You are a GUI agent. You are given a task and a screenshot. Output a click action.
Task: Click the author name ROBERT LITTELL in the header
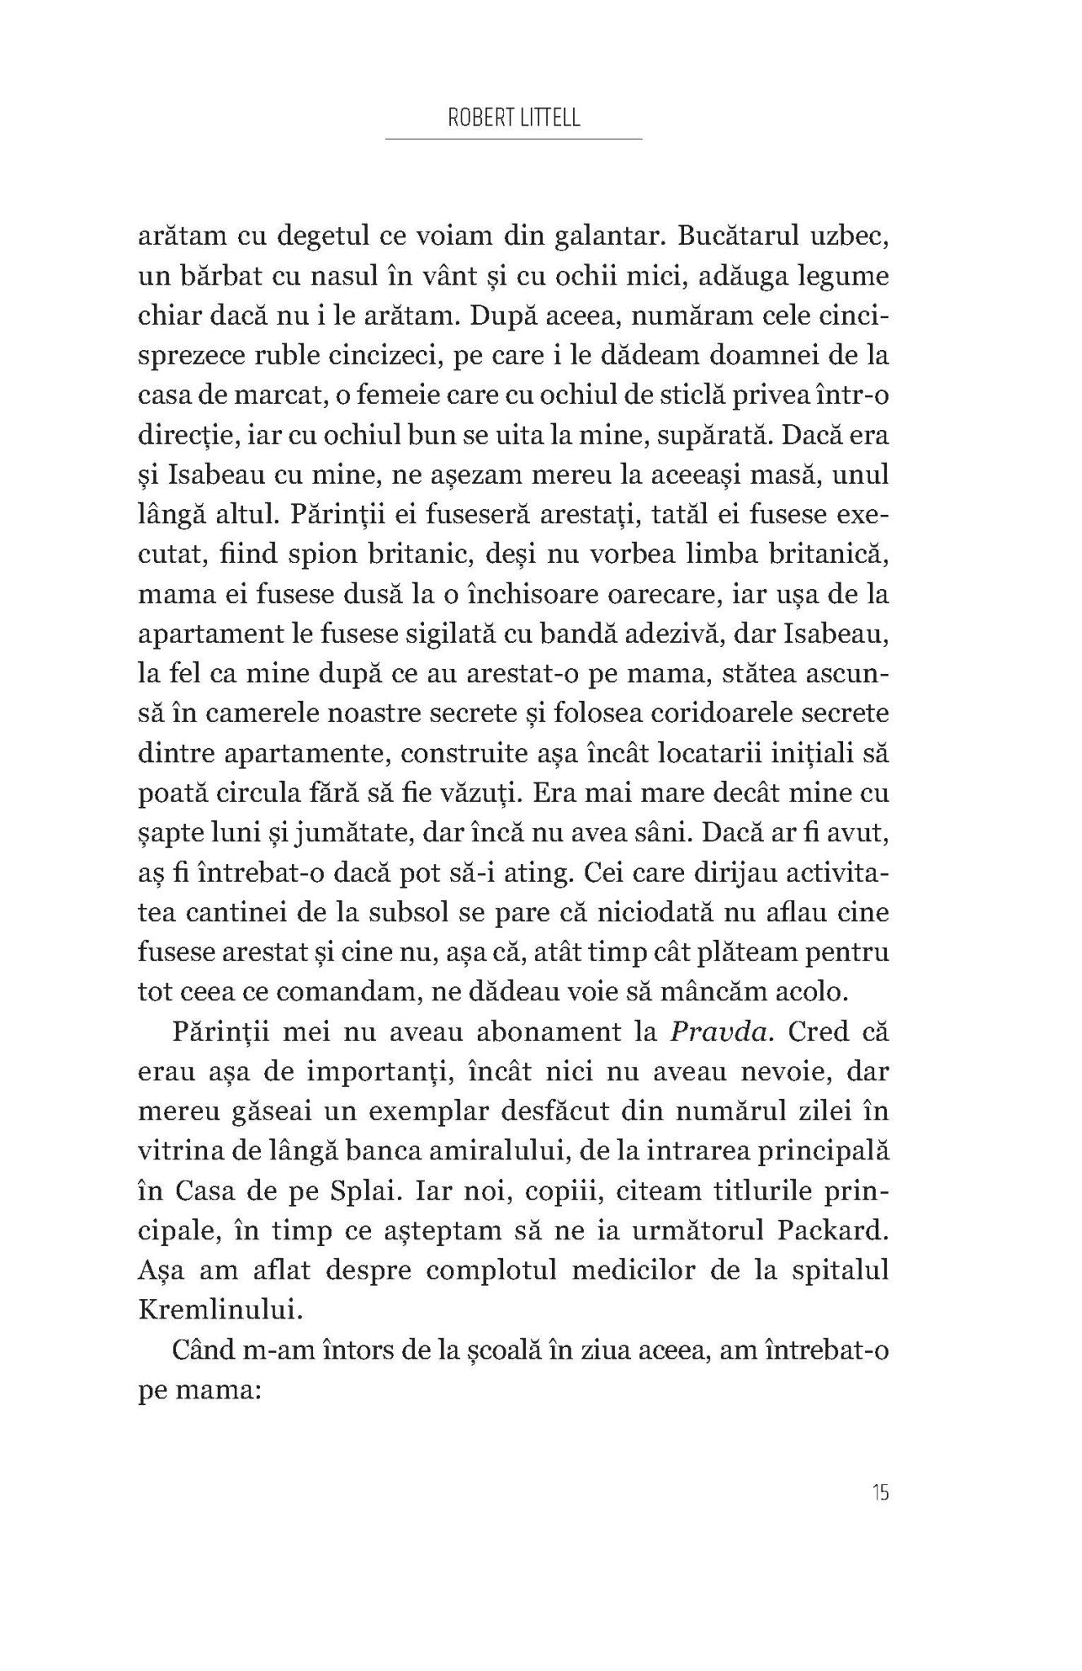[x=514, y=119]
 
